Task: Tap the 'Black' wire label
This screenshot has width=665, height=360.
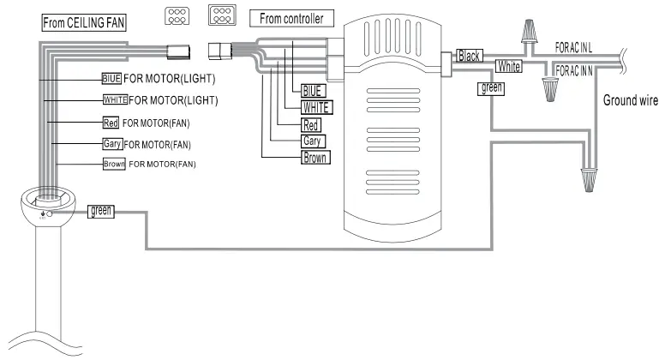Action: pyautogui.click(x=470, y=56)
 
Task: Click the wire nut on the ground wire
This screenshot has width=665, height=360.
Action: pyautogui.click(x=588, y=178)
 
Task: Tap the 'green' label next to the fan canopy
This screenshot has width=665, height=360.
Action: pyautogui.click(x=100, y=210)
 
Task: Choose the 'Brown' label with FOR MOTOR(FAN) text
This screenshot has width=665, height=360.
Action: pyautogui.click(x=113, y=163)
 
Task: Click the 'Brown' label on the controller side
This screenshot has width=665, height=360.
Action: pyautogui.click(x=315, y=158)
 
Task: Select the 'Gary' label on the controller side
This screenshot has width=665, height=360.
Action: pyautogui.click(x=313, y=141)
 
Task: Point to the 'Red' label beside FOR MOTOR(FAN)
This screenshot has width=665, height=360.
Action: pyautogui.click(x=110, y=123)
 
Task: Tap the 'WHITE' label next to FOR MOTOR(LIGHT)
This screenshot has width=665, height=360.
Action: pyautogui.click(x=114, y=100)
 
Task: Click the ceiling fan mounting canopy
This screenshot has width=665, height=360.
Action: pyautogui.click(x=47, y=207)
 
